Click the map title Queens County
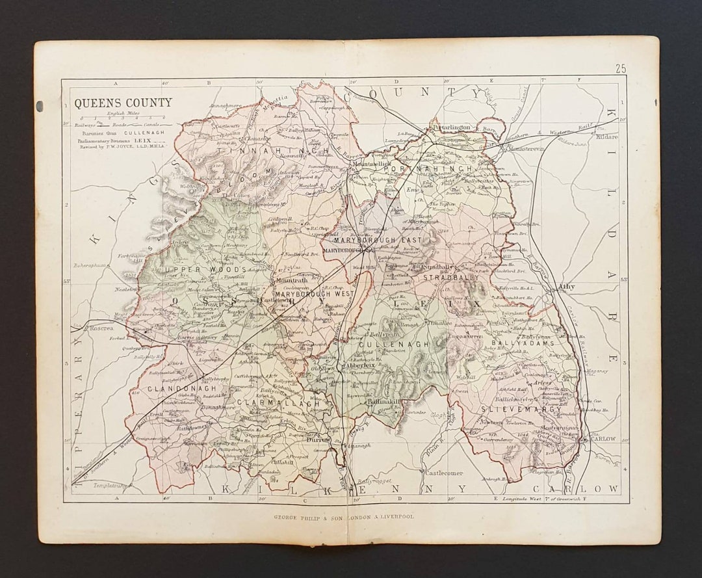(123, 103)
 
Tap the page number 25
(621, 68)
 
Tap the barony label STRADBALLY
(451, 278)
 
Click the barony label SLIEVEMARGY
(522, 409)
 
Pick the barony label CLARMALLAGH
(278, 403)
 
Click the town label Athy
(566, 286)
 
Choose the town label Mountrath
(287, 280)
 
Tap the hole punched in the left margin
(40, 105)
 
